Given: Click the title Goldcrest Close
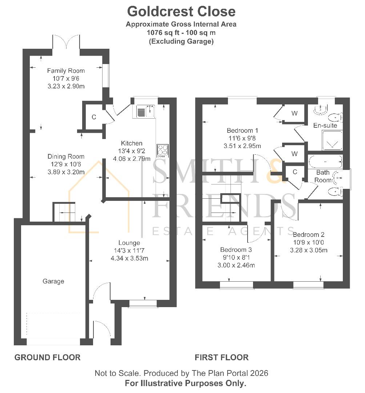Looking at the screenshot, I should point(181,12).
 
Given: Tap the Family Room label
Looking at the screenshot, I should point(66,71).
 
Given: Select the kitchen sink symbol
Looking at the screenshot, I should point(146,111).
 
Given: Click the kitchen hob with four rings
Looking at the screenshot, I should point(162,150).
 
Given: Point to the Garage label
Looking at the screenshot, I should point(53,281).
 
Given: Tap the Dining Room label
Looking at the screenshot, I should point(66,156).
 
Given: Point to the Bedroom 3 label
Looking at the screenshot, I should point(236,250).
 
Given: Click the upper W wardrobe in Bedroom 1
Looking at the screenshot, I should point(294,114).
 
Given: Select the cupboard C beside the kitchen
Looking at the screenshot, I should point(94,117).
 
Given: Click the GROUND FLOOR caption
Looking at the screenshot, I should point(47,357).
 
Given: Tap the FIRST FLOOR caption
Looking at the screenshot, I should point(221,357).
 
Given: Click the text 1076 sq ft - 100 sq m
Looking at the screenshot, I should point(181,33).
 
